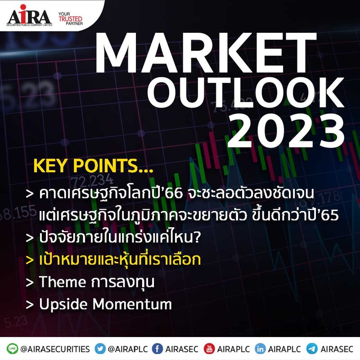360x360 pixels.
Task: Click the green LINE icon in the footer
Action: pyautogui.click(x=12, y=349)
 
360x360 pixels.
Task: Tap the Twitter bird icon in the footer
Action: pyautogui.click(x=101, y=349)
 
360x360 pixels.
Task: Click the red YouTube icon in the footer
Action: pyautogui.click(x=208, y=349)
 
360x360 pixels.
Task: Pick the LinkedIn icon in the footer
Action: pyautogui.click(x=260, y=349)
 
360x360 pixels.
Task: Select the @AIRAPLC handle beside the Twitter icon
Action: pyautogui.click(x=127, y=349)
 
